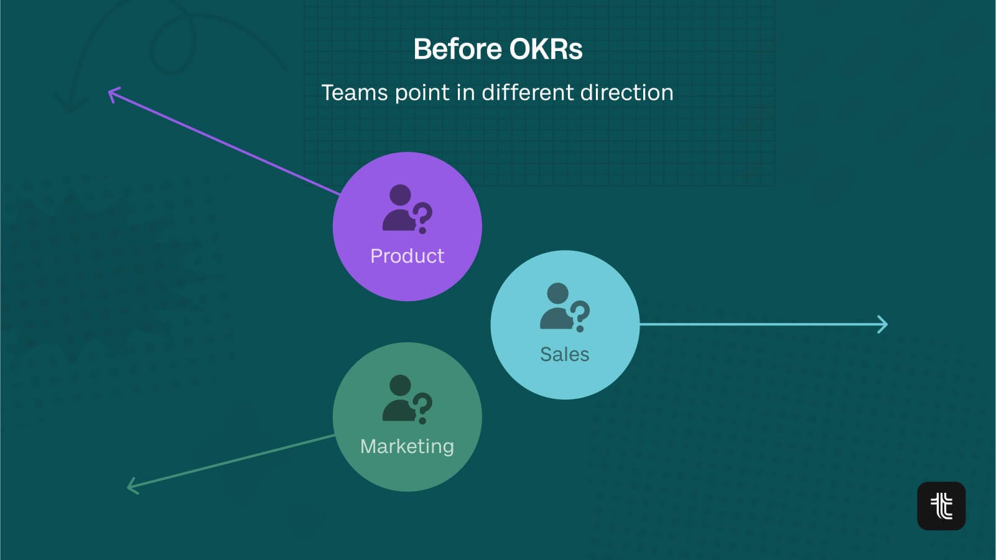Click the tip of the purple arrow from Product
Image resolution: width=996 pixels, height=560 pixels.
(x=109, y=91)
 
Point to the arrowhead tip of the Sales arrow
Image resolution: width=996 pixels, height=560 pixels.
(x=888, y=324)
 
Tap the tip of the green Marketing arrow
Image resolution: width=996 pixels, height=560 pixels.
(x=128, y=487)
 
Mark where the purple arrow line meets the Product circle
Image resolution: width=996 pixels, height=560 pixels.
(x=340, y=194)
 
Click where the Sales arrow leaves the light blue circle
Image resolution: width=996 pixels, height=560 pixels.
(x=640, y=324)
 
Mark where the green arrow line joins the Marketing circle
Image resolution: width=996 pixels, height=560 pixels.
(x=335, y=436)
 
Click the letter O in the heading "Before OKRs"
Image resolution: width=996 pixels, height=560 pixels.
(x=521, y=49)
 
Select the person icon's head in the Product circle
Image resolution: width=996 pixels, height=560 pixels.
(x=400, y=195)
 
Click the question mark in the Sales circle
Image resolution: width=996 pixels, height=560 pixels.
(x=580, y=316)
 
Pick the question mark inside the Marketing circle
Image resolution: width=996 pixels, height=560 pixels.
(x=422, y=408)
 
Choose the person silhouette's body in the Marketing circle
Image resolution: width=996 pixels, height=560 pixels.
(x=398, y=410)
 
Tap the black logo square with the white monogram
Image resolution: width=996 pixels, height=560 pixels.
(x=941, y=506)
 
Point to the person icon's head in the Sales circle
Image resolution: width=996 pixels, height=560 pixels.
(x=557, y=294)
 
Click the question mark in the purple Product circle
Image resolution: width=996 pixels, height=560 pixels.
(x=422, y=218)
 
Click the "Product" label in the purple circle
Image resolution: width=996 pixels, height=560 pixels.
(x=407, y=256)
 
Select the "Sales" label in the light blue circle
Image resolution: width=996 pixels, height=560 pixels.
(x=565, y=355)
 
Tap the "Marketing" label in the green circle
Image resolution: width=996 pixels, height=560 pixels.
(x=407, y=447)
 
